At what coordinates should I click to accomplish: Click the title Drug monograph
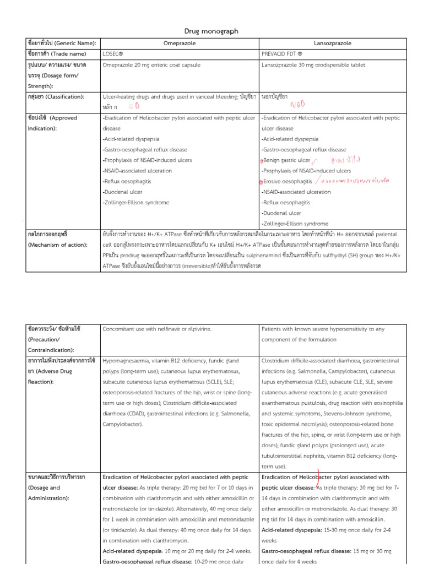[211, 31]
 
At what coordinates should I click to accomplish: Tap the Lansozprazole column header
[333, 43]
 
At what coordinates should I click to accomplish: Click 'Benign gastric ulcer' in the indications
[286, 160]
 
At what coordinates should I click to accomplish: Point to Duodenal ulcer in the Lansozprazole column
[281, 213]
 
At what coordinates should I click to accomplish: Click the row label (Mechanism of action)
[59, 245]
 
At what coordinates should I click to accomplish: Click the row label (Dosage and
[44, 487]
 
